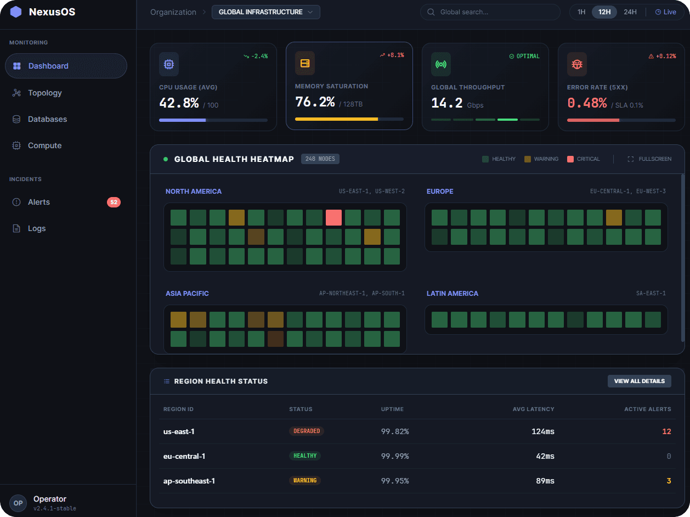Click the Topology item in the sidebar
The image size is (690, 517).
click(x=45, y=93)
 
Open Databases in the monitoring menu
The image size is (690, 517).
click(x=47, y=119)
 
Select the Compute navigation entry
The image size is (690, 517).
click(x=44, y=145)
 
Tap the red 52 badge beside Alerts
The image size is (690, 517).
click(x=114, y=202)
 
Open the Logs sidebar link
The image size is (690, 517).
click(x=37, y=228)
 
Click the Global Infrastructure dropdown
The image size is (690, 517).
click(x=265, y=12)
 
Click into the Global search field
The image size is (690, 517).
click(x=490, y=12)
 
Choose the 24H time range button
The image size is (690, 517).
click(x=630, y=12)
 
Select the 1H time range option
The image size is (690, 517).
click(x=581, y=12)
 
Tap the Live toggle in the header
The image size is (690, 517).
click(x=665, y=12)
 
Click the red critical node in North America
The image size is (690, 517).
click(x=333, y=217)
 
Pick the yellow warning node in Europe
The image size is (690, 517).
click(x=614, y=217)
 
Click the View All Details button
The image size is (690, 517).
click(x=639, y=381)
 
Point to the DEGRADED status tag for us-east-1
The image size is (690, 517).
click(x=307, y=431)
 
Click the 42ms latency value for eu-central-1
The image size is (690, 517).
click(x=545, y=456)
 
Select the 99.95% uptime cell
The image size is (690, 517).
click(x=395, y=481)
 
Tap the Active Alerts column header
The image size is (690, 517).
click(x=647, y=409)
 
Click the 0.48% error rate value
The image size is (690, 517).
click(x=587, y=103)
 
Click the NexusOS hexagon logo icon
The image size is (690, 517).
click(x=16, y=12)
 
